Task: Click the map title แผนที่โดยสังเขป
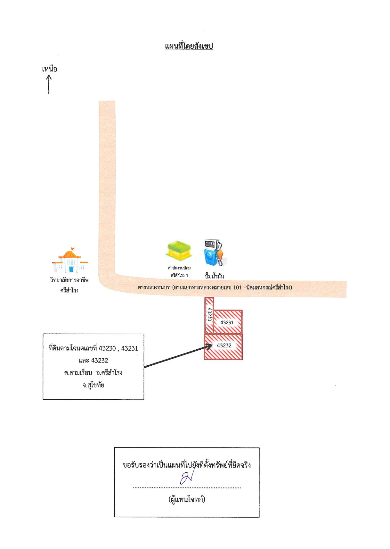coord(189,46)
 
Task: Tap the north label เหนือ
coord(49,69)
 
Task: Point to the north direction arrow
coord(49,85)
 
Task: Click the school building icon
coord(70,261)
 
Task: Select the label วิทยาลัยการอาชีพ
coord(69,280)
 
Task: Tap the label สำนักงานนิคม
coord(179,268)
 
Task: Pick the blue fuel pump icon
coord(215,253)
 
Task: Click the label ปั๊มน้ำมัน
coord(214,276)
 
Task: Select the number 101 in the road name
coord(237,287)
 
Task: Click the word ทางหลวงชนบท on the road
coord(154,287)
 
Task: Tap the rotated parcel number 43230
coord(209,314)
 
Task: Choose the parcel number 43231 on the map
coord(227,322)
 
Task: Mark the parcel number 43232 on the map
coord(224,345)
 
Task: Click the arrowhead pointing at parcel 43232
coord(209,346)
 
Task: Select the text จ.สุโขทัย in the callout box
coord(93,385)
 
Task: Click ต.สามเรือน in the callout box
coord(78,373)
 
